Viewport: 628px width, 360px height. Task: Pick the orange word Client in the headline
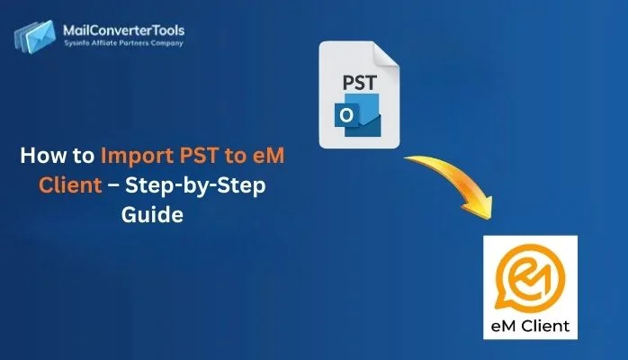pyautogui.click(x=63, y=186)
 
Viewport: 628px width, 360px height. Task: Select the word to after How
pyautogui.click(x=83, y=156)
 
